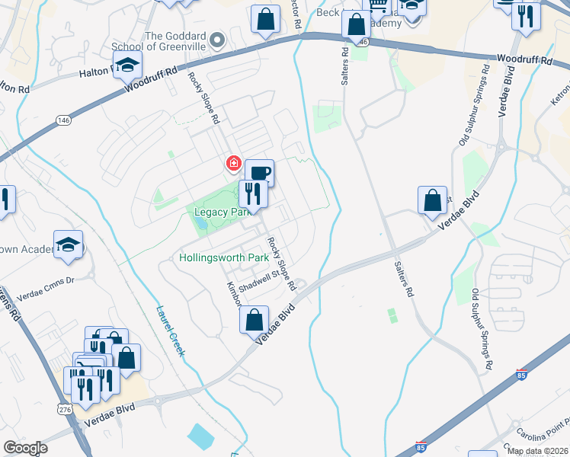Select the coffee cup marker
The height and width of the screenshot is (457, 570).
point(259,173)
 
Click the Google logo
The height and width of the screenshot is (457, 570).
point(25,448)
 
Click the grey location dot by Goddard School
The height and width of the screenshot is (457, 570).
point(217,40)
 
